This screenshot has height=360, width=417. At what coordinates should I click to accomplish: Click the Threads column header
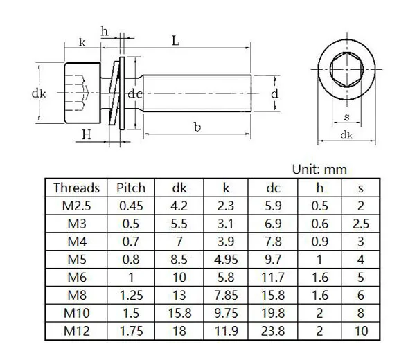76,188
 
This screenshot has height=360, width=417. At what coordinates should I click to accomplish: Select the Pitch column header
131,188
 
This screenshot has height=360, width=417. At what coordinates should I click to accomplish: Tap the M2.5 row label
76,206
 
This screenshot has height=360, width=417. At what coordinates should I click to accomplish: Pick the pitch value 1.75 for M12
131,331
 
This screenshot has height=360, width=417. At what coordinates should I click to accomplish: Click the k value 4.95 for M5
226,260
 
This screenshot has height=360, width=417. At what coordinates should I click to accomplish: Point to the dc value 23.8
273,331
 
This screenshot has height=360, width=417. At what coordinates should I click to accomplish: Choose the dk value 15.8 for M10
179,313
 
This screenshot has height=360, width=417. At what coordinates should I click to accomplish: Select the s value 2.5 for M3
361,224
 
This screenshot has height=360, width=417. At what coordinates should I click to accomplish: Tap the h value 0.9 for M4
319,242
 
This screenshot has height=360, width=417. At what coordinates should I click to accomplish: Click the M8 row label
77,296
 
